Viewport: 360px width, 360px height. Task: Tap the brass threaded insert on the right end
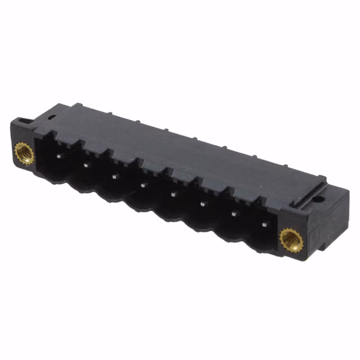(291, 241)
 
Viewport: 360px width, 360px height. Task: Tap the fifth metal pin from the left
(172, 194)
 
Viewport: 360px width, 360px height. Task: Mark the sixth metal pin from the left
(201, 204)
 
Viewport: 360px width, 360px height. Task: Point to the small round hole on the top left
(51, 117)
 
